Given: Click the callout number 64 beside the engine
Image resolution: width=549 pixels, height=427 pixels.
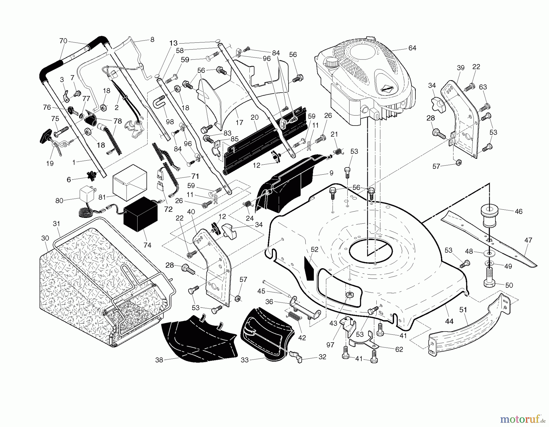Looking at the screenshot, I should [412, 48].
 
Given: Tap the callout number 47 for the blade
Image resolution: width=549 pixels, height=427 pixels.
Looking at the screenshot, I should [528, 240].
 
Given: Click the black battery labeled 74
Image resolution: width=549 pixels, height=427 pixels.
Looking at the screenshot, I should [140, 214].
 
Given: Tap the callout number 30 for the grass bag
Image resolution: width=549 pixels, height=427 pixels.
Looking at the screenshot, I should [45, 238].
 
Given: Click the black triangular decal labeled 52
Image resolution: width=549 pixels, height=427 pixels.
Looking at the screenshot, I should [309, 268].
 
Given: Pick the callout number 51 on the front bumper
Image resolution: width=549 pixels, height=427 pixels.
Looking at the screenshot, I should [463, 310].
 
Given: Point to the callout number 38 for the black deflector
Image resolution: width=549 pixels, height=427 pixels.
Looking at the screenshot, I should [159, 360].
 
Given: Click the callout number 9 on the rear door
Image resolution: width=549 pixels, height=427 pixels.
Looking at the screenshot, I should [331, 173].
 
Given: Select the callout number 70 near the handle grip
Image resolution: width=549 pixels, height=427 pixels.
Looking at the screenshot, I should [63, 41].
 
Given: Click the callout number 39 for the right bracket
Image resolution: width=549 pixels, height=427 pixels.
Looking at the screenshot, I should [461, 68].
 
